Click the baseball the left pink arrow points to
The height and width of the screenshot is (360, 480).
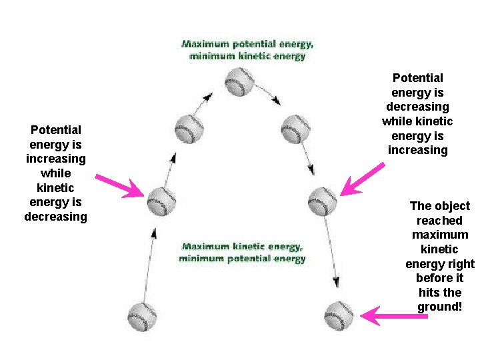pos(161,201)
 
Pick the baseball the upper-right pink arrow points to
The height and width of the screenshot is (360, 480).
pos(323,201)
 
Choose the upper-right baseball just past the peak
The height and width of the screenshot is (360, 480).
pos(295,129)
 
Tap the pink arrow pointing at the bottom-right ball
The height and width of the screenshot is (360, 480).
pos(393,315)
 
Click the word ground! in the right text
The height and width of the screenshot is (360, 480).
pos(439,307)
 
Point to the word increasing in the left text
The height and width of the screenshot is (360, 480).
pos(56,159)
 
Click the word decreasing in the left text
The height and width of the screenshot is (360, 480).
pos(56,217)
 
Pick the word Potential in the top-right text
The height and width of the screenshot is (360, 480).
pos(417,78)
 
